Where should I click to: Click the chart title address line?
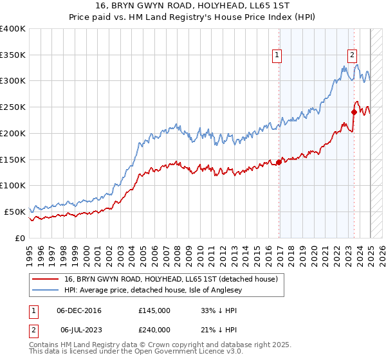tap(193, 6)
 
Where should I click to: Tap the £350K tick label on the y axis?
tap(13, 55)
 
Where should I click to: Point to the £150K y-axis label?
tap(13, 159)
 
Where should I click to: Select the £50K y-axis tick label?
tap(15, 212)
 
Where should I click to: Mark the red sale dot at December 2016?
tap(279, 162)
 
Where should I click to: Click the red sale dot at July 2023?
tap(354, 113)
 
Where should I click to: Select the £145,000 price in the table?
tap(154, 310)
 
